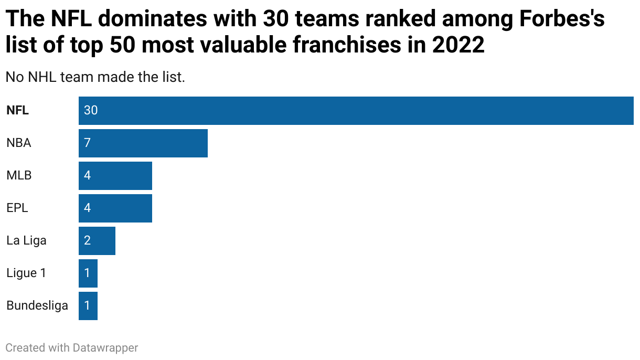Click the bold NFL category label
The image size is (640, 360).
(x=17, y=111)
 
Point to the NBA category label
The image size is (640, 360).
(x=19, y=143)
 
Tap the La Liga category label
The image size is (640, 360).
(x=26, y=241)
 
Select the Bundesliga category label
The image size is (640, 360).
(x=37, y=306)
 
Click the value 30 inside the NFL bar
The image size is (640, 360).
(x=91, y=111)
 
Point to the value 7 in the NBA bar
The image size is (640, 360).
(x=87, y=143)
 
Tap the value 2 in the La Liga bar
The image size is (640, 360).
(x=87, y=241)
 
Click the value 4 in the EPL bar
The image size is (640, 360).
(x=87, y=208)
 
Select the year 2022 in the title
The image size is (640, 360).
(x=458, y=46)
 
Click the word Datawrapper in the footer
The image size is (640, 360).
(x=105, y=347)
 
